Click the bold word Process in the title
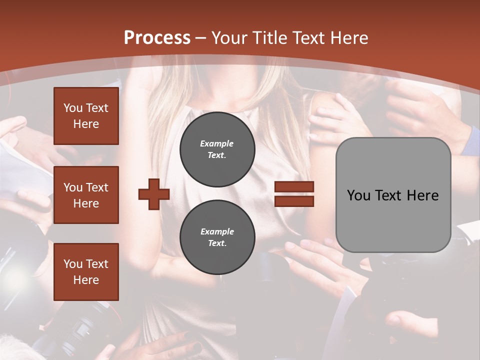[157, 38]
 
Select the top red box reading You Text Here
[86, 116]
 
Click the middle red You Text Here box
[86, 195]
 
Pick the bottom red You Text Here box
[86, 272]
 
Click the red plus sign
[154, 194]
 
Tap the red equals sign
[294, 194]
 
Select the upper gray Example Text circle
[217, 149]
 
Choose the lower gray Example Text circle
[217, 237]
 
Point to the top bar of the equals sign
[294, 187]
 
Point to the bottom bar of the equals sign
[294, 201]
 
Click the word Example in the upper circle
[217, 143]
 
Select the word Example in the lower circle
[217, 231]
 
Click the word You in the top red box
[72, 108]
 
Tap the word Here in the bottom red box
[86, 280]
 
